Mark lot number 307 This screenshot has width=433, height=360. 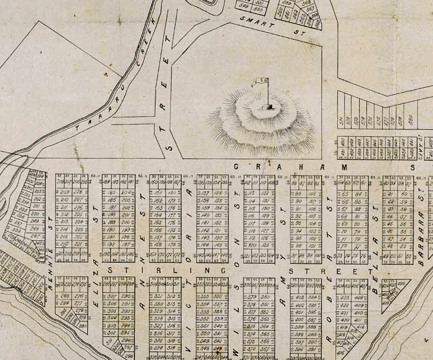pyautogui.click(x=112, y=296)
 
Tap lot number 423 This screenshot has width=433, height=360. pyautogui.click(x=345, y=297)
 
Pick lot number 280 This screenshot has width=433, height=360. pyautogui.click(x=82, y=326)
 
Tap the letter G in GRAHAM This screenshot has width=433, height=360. pyautogui.click(x=237, y=167)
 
